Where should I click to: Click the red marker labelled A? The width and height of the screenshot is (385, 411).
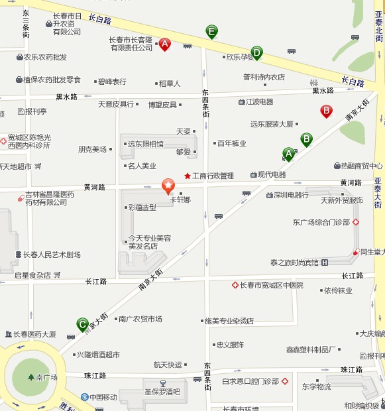(x=165, y=44)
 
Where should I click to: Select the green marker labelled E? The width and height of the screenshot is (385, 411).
(x=211, y=30)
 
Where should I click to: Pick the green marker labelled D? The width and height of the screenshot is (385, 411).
(x=256, y=52)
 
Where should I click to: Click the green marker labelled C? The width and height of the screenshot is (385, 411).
(x=82, y=324)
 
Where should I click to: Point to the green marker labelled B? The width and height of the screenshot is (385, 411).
(x=306, y=139)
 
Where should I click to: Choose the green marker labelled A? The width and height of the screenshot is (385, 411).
(x=288, y=154)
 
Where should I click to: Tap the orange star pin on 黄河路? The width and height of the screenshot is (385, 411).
(x=168, y=185)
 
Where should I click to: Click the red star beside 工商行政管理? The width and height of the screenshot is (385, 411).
(x=188, y=176)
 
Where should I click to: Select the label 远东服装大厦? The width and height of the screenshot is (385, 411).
(x=272, y=124)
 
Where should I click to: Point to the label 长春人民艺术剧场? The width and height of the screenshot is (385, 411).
(x=52, y=255)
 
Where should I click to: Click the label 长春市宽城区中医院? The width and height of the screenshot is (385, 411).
(x=271, y=285)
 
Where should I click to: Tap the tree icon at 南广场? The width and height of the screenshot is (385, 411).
(x=31, y=377)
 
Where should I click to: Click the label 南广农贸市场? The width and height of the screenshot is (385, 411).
(x=140, y=319)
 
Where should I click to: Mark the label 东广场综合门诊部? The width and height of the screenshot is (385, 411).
(x=321, y=222)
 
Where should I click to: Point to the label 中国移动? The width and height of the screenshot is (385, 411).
(x=103, y=397)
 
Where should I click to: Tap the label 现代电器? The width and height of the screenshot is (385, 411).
(x=272, y=174)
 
